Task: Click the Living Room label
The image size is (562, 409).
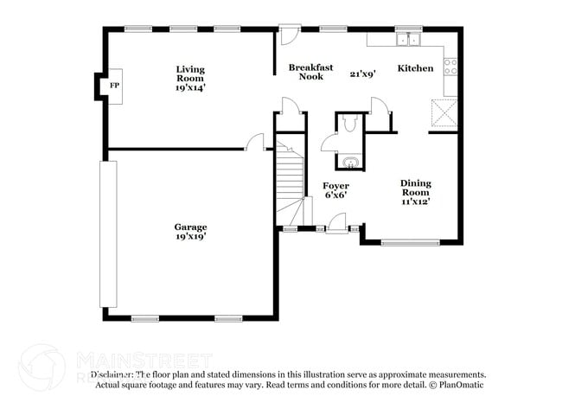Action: pyautogui.click(x=190, y=73)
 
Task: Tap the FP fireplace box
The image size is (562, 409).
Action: pyautogui.click(x=113, y=86)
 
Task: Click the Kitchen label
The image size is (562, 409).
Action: pyautogui.click(x=415, y=68)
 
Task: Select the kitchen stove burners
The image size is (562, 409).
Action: pyautogui.click(x=450, y=63)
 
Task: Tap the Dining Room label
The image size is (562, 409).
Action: pyautogui.click(x=415, y=188)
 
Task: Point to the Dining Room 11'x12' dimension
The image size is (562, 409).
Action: pyautogui.click(x=415, y=201)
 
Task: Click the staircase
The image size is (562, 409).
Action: pyautogui.click(x=291, y=182)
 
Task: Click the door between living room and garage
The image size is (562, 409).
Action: pyautogui.click(x=255, y=143)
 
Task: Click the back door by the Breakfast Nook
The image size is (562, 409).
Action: pyautogui.click(x=289, y=37)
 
